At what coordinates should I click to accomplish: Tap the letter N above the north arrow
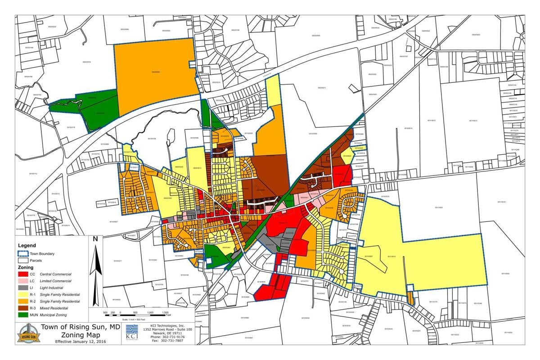(95, 239)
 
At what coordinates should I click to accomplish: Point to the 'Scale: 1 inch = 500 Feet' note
(135, 319)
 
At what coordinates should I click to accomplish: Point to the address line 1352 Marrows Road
(167, 329)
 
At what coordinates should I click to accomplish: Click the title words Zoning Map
(78, 335)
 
